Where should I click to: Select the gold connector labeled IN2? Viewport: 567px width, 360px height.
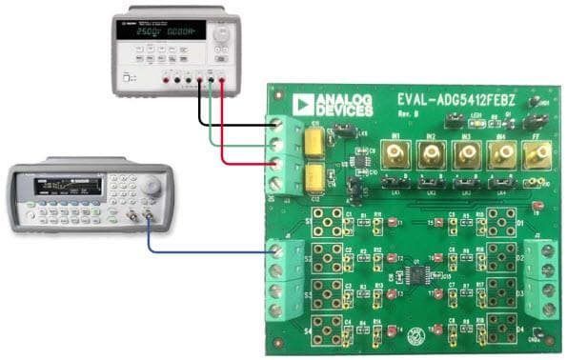(431, 155)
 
